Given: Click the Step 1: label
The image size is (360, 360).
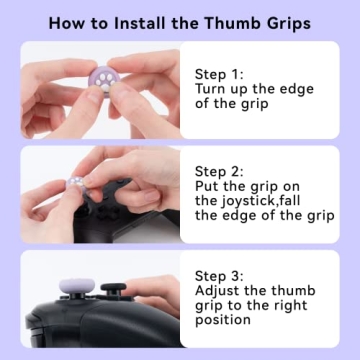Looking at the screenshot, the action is pos(219,74).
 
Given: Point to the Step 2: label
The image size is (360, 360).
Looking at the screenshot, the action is pos(219,172).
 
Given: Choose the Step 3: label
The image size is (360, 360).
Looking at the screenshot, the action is pos(219,276).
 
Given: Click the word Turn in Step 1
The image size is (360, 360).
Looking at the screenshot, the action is pos(209,89).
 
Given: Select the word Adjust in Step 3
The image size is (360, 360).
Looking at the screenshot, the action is pos(217,291).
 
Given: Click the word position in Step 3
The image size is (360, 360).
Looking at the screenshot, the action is pos(223,320).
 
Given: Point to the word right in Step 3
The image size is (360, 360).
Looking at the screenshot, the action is pos(290,306).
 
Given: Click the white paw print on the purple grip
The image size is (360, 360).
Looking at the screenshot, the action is pos(105,78).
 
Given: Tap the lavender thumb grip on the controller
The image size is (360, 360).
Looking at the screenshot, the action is pos(77,286).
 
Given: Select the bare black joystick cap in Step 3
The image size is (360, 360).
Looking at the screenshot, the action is pos(114,287).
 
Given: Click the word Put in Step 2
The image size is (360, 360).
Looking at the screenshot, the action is pos(207,186).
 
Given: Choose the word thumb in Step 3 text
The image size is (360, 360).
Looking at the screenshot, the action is pos(292,291).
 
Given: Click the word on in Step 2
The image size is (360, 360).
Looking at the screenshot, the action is pos(291,188).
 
